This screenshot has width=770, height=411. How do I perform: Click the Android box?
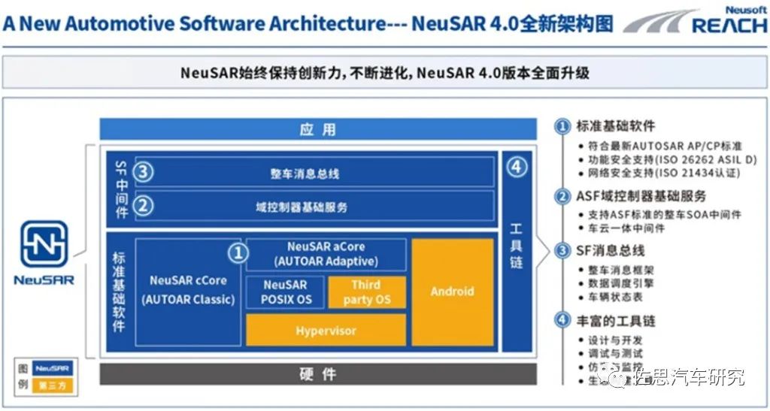(452, 292)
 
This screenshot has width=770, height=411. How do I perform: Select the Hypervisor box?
(326, 330)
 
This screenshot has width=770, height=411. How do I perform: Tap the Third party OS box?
(367, 292)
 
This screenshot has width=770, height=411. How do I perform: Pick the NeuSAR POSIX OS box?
(285, 292)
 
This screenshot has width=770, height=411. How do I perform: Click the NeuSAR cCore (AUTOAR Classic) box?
(188, 290)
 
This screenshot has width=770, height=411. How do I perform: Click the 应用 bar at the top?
(318, 129)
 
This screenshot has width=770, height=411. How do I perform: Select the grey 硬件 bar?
(318, 373)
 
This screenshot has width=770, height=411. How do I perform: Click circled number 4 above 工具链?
(517, 168)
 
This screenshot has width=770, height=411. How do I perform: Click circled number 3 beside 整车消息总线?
(144, 172)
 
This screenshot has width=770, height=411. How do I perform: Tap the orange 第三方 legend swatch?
(52, 386)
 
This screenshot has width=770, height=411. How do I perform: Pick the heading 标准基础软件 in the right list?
(615, 126)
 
